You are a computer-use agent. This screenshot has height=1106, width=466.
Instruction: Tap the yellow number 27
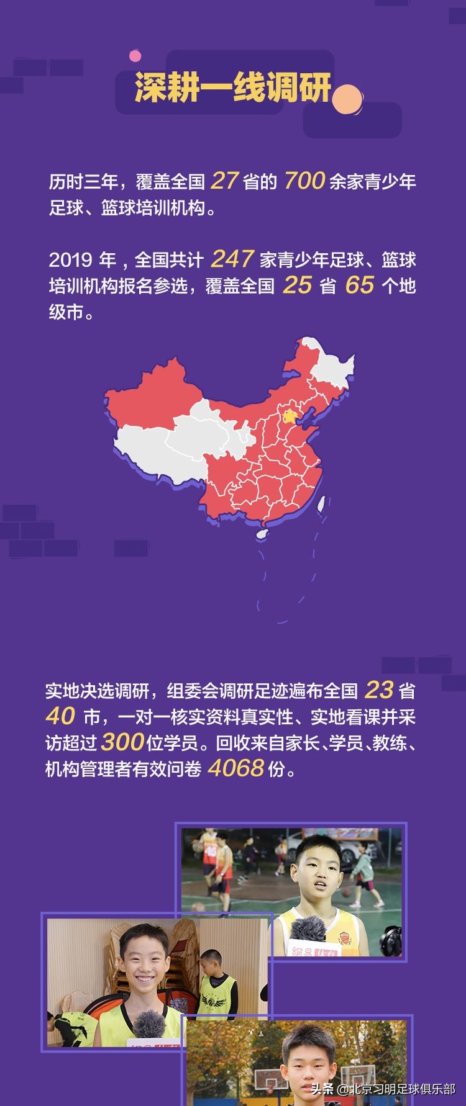(224, 181)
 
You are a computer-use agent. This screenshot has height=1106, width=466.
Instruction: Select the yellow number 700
(304, 181)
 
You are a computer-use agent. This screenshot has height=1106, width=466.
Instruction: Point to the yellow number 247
(232, 258)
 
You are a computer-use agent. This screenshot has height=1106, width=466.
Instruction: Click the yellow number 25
(297, 285)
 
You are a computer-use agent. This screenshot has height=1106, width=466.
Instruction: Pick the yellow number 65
(360, 285)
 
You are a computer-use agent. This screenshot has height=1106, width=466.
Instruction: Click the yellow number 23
(379, 690)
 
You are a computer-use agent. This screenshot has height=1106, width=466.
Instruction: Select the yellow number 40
(60, 716)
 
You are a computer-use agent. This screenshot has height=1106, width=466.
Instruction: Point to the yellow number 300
(122, 742)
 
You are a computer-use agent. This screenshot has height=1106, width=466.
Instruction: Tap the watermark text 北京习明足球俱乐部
(401, 1089)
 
